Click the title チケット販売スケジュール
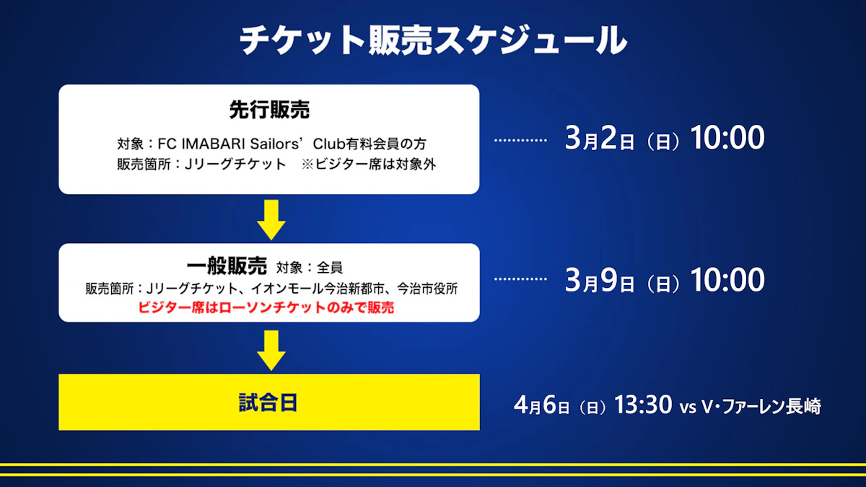click(433, 40)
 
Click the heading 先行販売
click(269, 110)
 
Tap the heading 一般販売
click(227, 266)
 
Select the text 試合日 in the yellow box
click(268, 403)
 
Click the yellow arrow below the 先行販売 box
click(271, 220)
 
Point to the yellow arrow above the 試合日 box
click(271, 351)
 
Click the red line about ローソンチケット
click(266, 307)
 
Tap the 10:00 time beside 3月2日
click(727, 138)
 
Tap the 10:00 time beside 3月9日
click(727, 280)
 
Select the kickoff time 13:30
click(643, 405)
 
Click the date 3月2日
click(599, 138)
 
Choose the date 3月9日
click(599, 280)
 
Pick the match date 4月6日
click(541, 405)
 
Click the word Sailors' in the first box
click(275, 144)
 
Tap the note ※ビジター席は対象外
click(369, 164)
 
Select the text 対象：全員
click(310, 268)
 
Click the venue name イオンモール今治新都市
click(318, 289)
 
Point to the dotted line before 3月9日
click(520, 279)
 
